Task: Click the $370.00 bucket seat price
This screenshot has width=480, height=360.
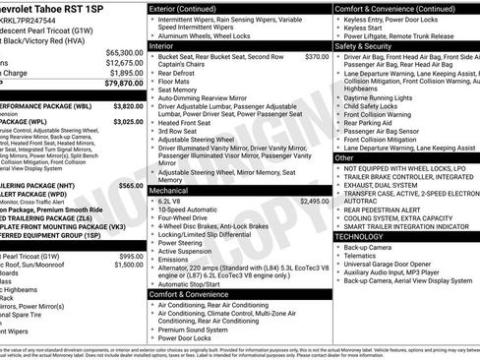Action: [x=317, y=57]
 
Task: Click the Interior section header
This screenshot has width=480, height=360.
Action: [x=163, y=45]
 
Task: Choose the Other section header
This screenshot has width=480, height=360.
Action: [x=344, y=157]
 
